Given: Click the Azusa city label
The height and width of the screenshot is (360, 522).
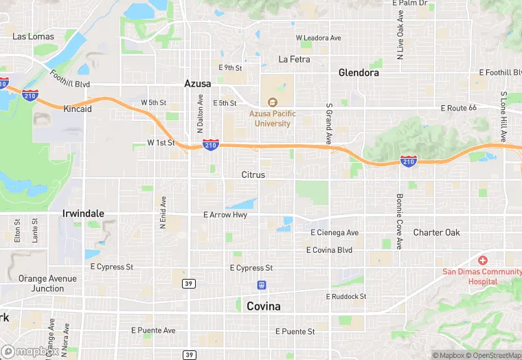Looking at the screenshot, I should (197, 83).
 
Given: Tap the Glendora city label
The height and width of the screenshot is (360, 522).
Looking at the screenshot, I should (359, 72).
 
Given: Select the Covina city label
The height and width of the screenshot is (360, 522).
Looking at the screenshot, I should (264, 306).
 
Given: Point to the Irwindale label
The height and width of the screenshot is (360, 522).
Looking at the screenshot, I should (83, 214).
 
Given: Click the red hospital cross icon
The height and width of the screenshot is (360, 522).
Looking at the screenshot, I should (483, 260).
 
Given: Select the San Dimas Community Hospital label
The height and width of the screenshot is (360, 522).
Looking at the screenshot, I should (481, 276).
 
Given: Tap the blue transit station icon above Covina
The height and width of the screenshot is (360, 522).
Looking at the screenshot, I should (261, 284).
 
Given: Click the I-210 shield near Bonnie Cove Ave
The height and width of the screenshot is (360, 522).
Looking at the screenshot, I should (409, 161).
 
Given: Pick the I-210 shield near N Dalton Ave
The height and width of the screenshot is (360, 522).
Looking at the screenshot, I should (211, 145).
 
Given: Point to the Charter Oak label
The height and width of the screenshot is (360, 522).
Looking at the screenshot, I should (436, 232).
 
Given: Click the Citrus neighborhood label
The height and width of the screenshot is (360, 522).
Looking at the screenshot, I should (253, 175).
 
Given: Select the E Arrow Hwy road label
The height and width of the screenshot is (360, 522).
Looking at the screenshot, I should (225, 215).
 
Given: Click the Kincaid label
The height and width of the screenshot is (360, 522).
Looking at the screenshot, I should (77, 109).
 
